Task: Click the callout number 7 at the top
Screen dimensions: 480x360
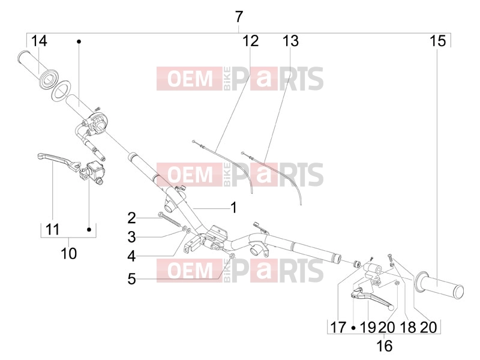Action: coord(239,17)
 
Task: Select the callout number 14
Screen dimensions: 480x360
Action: coord(39,41)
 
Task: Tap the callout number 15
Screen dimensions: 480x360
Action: coord(438,41)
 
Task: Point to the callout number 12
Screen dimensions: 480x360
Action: coord(250,41)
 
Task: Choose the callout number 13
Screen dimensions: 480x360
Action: coord(290,41)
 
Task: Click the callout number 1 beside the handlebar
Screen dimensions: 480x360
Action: coord(234,208)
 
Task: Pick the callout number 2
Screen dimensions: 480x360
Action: coord(131,218)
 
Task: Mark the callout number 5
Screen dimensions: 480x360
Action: coord(131,279)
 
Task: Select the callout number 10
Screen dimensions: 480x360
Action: coord(68,253)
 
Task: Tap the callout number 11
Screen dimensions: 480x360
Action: coord(52,229)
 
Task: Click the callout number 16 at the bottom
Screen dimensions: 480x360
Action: coord(384,346)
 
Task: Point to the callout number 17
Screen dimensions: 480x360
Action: coord(338,328)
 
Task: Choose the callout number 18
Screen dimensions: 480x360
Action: coord(408,328)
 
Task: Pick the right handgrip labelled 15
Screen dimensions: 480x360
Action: coord(439,284)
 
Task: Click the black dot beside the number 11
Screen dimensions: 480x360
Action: coord(89,229)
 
